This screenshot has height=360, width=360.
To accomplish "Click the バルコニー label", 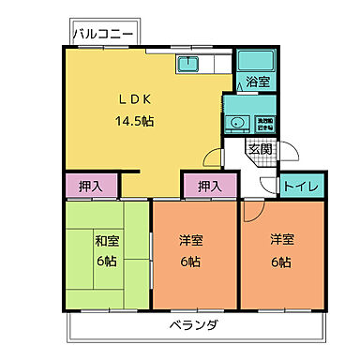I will click(x=104, y=34).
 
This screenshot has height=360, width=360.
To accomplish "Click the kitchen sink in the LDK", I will click(x=187, y=64).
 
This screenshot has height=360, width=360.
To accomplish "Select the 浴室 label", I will click(x=258, y=82).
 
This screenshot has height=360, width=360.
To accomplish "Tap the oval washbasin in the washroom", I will click(x=236, y=122).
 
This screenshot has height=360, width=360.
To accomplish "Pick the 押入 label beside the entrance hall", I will click(x=209, y=185).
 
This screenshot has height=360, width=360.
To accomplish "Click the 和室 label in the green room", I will click(x=107, y=239).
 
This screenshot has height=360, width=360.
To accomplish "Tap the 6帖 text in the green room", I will click(x=107, y=262).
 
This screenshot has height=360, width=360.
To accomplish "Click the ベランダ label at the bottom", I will click(x=195, y=325).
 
